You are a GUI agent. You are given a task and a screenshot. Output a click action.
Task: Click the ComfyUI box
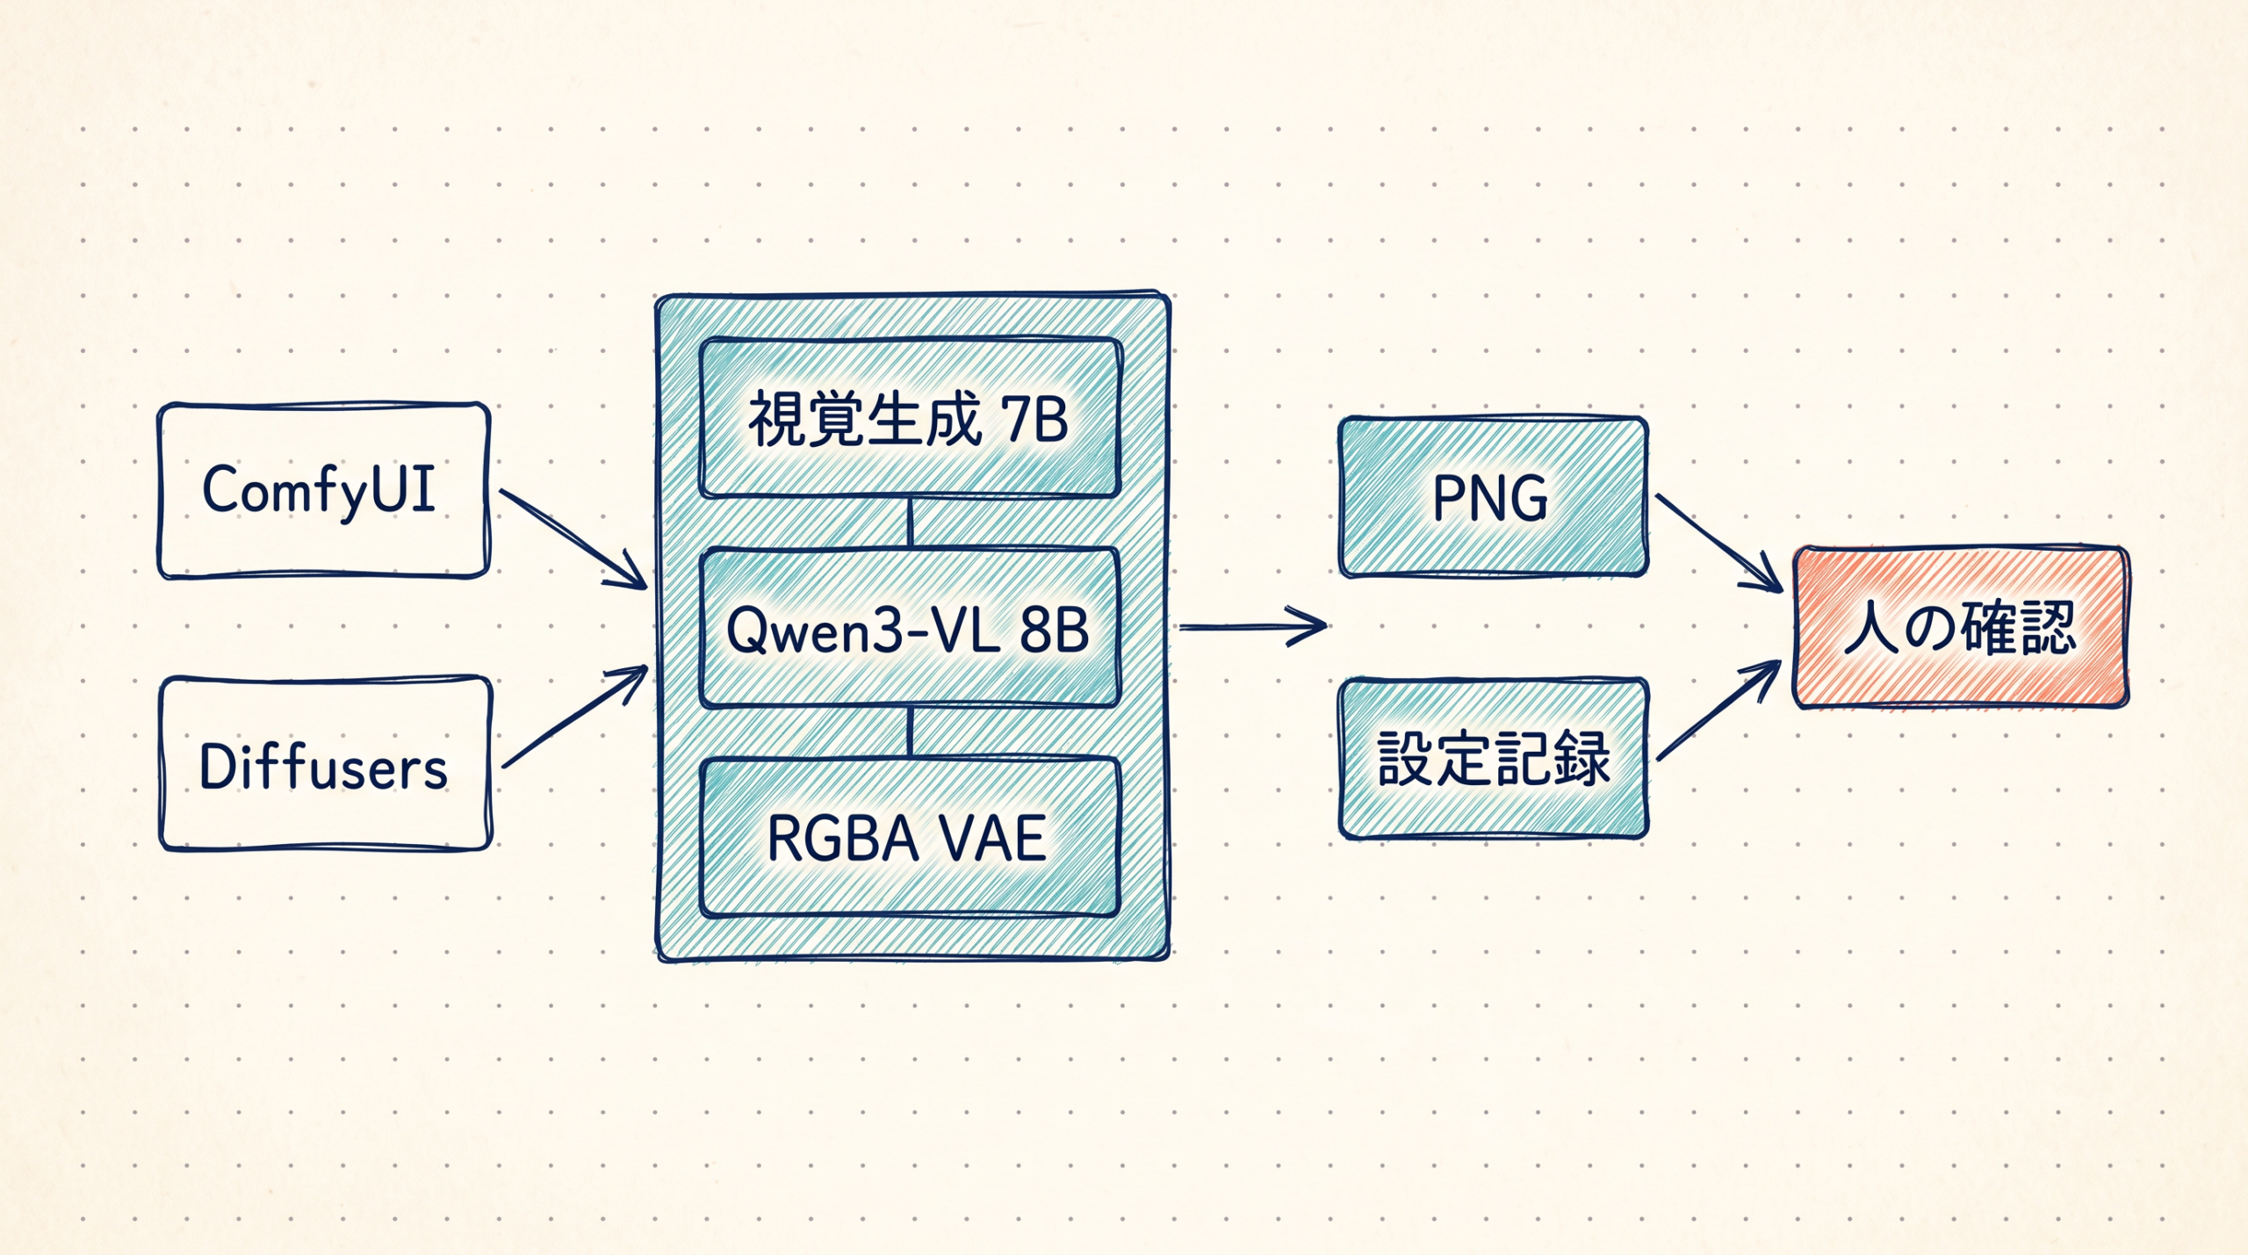click(323, 491)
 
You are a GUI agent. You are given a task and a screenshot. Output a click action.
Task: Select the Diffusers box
click(325, 764)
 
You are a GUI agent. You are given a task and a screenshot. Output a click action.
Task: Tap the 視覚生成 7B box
click(910, 417)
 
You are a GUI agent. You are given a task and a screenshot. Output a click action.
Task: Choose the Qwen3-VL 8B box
click(910, 627)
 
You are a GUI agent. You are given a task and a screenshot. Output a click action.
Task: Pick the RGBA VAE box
click(910, 837)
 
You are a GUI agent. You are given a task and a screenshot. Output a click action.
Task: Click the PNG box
click(1493, 497)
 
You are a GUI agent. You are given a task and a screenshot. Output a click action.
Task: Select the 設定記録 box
click(1493, 759)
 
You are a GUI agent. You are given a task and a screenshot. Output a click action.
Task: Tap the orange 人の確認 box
click(1960, 627)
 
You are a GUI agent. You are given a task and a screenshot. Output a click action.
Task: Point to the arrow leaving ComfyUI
click(573, 538)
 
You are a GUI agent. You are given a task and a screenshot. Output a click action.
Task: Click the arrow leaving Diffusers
click(575, 717)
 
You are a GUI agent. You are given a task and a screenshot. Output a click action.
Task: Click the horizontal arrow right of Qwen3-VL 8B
click(1253, 626)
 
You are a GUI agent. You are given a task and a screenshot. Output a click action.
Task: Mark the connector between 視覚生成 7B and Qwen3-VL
click(911, 523)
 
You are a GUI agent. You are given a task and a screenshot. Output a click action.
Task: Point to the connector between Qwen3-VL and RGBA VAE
click(911, 732)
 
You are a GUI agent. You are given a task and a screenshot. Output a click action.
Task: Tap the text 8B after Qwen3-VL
click(1054, 631)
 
